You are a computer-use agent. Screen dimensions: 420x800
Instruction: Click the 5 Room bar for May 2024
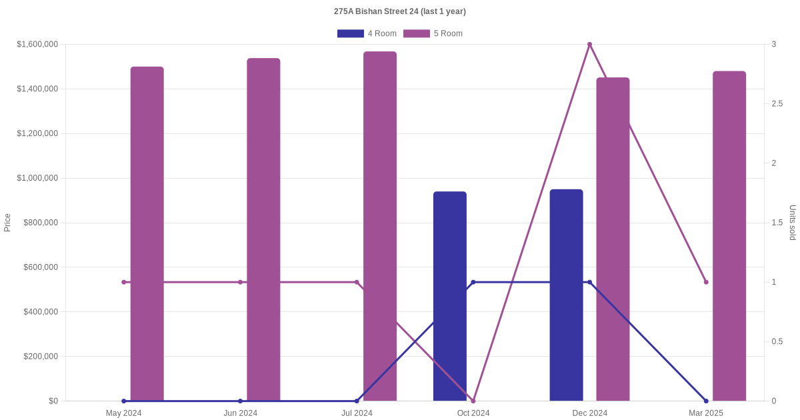pos(147,233)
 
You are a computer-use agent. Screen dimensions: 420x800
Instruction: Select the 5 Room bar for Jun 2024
pos(263,229)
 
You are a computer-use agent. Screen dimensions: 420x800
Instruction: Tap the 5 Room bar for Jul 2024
pos(380,226)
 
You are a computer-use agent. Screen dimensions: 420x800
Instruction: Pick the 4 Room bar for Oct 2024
pos(450,296)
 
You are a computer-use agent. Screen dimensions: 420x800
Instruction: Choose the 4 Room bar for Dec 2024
pos(566,295)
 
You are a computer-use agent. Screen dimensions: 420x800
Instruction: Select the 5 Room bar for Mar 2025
pos(729,236)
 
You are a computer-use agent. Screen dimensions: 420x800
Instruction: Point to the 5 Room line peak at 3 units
pos(589,45)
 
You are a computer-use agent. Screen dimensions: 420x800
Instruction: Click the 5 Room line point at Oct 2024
pos(473,401)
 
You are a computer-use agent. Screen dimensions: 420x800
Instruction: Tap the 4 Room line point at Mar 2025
pos(706,401)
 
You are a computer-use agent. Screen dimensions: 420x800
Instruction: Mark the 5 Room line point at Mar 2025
pos(706,282)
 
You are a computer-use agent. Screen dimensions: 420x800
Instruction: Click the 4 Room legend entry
pos(367,33)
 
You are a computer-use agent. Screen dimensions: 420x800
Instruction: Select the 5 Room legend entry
pos(433,33)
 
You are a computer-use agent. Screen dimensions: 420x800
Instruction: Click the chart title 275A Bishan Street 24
pos(400,11)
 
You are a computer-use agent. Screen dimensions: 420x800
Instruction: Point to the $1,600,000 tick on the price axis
pos(37,45)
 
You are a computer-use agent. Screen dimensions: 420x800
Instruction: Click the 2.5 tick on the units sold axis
pos(777,104)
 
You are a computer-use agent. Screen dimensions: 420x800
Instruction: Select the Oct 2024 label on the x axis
pos(473,413)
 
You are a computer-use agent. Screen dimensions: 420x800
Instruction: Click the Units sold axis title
pos(792,223)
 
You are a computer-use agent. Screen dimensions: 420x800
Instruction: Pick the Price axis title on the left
pos(7,223)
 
